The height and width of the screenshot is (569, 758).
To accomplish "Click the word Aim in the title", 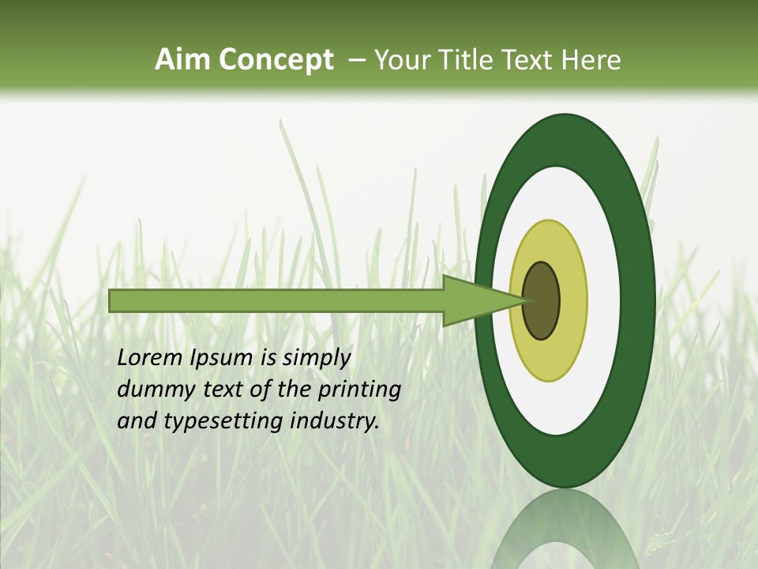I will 183,60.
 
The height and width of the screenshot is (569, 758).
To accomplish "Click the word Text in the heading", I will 532,60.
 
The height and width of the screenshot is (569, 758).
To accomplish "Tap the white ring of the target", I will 604,300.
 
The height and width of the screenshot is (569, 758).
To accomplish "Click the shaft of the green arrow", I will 276,300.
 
